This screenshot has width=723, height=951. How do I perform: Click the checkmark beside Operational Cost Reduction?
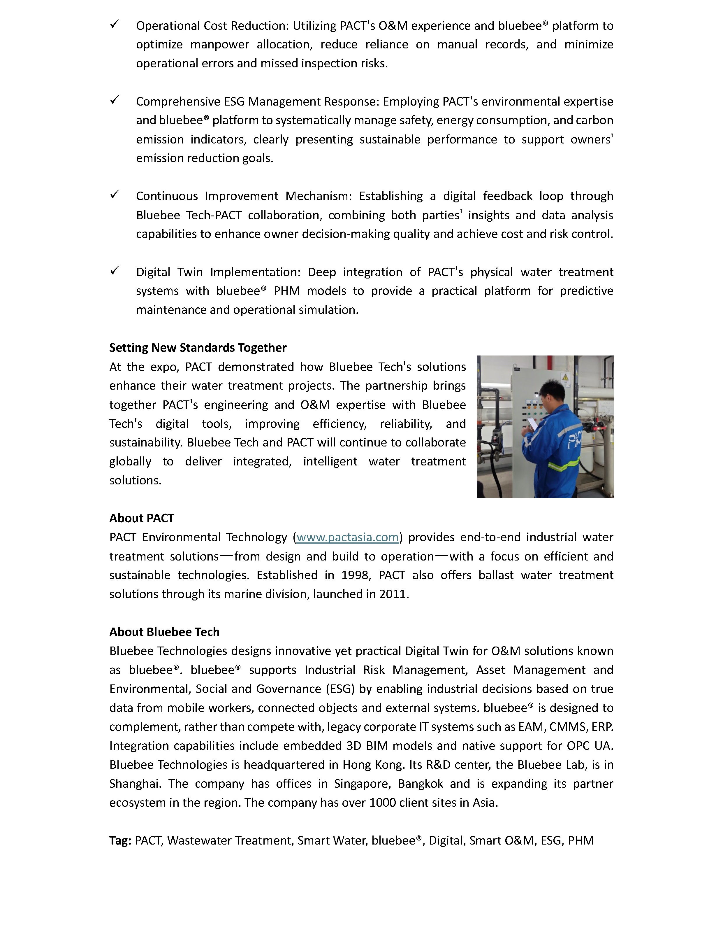(115, 24)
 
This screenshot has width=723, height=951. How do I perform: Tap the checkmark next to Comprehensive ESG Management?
(115, 100)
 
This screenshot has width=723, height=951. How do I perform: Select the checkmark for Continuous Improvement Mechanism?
(115, 195)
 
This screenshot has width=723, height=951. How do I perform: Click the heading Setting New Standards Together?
(198, 348)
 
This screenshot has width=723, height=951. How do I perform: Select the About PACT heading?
(142, 518)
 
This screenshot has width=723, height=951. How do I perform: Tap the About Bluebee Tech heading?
(164, 632)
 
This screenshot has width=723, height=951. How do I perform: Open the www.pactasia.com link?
(347, 537)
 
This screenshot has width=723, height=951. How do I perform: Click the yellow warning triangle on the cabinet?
(565, 378)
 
